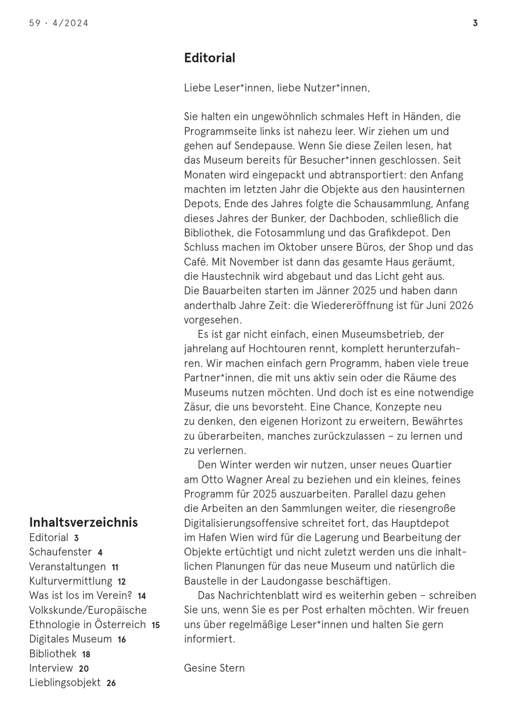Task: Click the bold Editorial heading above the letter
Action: pyautogui.click(x=209, y=58)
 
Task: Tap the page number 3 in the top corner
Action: pyautogui.click(x=475, y=23)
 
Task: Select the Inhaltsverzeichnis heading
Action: pyautogui.click(x=83, y=522)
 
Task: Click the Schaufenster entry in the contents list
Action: pyautogui.click(x=61, y=552)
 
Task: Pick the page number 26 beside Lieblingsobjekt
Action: pyautogui.click(x=111, y=683)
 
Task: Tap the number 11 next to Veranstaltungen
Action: pyautogui.click(x=115, y=567)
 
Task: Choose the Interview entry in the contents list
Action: pyautogui.click(x=51, y=668)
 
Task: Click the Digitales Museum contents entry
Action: pyautogui.click(x=70, y=639)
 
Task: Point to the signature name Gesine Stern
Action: pyautogui.click(x=214, y=668)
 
